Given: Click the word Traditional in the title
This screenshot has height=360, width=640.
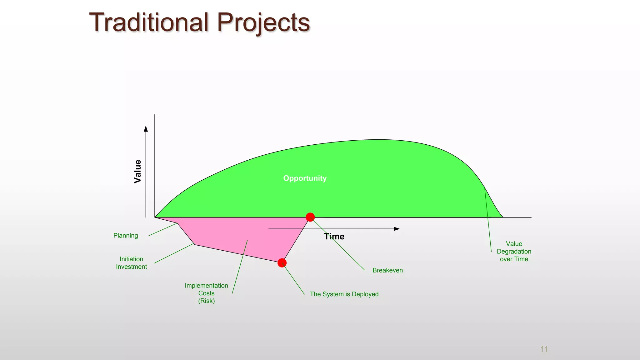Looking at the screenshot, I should (x=149, y=22).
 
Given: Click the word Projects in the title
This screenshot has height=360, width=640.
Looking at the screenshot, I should (x=263, y=22).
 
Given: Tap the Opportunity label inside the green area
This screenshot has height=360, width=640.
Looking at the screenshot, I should (x=305, y=178).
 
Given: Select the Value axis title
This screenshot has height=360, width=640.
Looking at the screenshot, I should (x=137, y=171).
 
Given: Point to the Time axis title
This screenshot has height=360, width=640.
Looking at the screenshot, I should (x=334, y=237).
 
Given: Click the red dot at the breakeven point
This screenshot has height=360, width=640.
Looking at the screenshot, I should (x=310, y=217).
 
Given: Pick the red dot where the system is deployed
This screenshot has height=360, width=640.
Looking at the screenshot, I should (x=282, y=263).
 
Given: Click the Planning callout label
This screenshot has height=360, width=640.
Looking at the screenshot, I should (x=126, y=236).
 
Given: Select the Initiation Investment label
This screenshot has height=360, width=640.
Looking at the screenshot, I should (x=131, y=263).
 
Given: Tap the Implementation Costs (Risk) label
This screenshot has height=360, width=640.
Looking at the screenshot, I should (x=206, y=293).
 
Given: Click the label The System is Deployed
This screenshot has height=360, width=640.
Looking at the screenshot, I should (x=344, y=294).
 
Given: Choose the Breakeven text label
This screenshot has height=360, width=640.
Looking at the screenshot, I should (x=387, y=270).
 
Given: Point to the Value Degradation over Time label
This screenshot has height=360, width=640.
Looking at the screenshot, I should (x=514, y=251).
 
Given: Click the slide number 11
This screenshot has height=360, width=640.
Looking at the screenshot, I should (x=544, y=349).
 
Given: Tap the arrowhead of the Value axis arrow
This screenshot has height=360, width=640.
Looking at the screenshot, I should (x=146, y=128).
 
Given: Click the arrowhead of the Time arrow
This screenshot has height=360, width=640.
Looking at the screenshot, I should (x=397, y=229).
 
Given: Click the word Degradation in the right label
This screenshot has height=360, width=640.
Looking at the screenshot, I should (x=514, y=252).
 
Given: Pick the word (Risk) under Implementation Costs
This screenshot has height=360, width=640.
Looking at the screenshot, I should (x=206, y=301).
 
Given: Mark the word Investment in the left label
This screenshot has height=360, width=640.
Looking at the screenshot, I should (x=131, y=267).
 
